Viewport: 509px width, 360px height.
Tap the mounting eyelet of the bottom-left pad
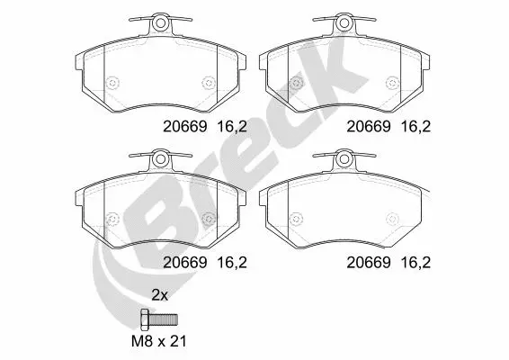tap(160, 159)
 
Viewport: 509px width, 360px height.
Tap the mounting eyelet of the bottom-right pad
tap(344, 159)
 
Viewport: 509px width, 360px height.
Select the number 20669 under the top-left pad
tap(184, 126)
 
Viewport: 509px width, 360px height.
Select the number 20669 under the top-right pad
tap(369, 126)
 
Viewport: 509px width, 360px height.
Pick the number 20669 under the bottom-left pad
tap(184, 263)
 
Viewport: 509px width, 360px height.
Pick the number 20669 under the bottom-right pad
tap(369, 263)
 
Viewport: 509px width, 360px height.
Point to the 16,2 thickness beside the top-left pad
tap(232, 127)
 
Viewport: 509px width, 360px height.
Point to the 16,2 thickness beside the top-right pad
tap(415, 127)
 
